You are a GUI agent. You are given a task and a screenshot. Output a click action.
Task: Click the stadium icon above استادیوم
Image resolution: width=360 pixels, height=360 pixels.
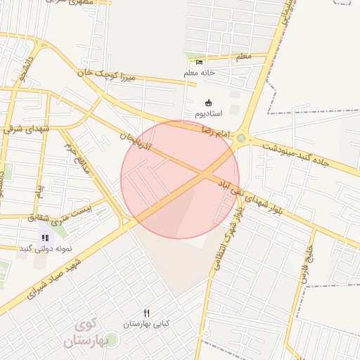pos(207,103)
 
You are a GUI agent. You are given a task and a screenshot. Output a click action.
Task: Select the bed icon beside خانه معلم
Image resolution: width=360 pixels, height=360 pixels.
pos(199,63)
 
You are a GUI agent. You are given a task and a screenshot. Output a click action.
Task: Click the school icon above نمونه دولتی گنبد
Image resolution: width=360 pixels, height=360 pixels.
pos(45,238)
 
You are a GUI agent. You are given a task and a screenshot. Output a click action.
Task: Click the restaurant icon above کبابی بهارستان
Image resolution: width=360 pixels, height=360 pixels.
pos(147,313)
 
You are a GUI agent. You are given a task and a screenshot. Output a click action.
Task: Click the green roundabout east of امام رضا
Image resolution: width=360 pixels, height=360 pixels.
pos(243,139)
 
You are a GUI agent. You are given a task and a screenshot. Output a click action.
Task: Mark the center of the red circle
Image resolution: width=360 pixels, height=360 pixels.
pos(180,179)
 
